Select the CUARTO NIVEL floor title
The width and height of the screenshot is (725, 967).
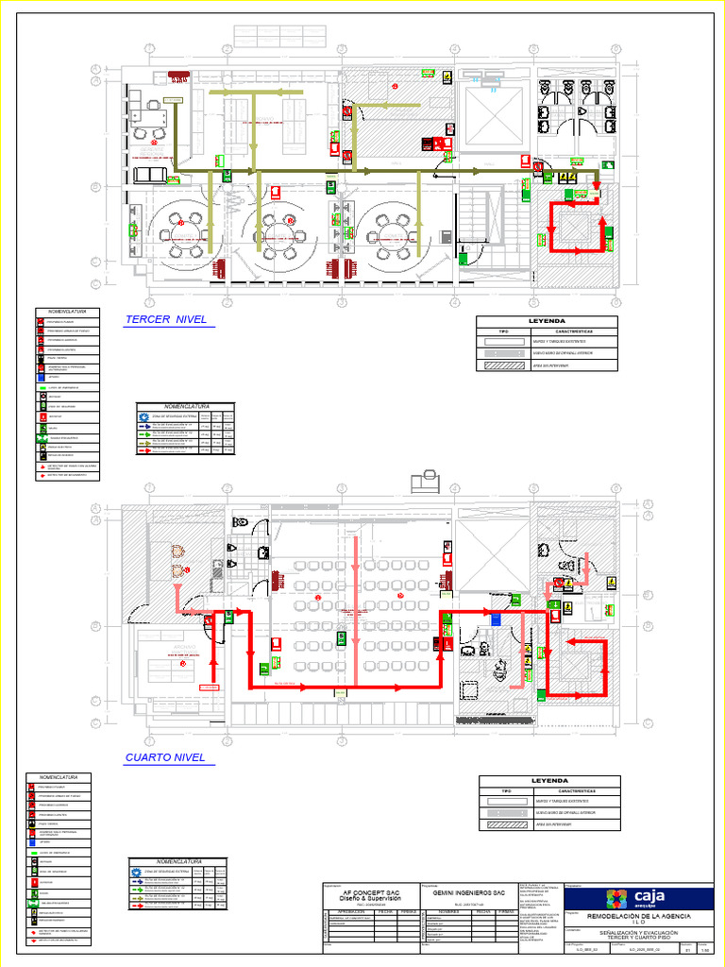(x=165, y=757)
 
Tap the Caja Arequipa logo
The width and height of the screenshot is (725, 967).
(x=642, y=898)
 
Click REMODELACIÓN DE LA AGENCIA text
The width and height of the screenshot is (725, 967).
(x=639, y=917)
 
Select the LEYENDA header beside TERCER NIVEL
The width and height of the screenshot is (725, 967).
(x=548, y=321)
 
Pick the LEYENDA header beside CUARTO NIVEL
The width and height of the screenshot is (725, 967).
(x=549, y=781)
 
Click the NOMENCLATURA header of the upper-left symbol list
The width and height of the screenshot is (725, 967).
(x=68, y=311)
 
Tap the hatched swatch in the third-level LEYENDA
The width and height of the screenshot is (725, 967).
(x=504, y=364)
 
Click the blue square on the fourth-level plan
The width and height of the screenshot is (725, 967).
(x=497, y=619)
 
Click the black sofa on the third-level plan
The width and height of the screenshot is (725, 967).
(x=149, y=175)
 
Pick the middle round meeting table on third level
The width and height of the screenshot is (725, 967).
(x=278, y=229)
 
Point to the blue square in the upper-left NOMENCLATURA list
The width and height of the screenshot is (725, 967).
(x=42, y=378)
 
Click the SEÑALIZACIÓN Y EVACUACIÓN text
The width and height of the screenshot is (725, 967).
(x=639, y=934)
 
